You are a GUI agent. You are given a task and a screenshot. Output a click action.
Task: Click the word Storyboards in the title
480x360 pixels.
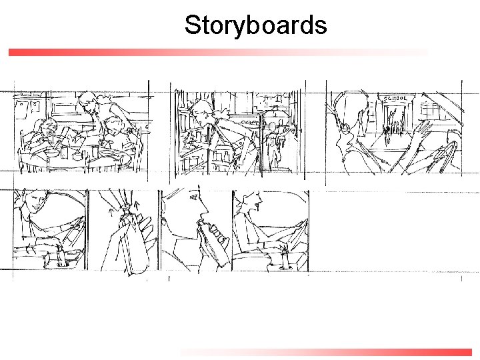(x=255, y=25)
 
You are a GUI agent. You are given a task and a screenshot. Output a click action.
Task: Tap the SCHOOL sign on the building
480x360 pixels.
(x=395, y=98)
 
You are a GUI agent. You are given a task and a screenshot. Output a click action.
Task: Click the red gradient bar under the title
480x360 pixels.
(x=218, y=53)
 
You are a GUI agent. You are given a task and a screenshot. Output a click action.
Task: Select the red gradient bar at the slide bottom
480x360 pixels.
(x=326, y=353)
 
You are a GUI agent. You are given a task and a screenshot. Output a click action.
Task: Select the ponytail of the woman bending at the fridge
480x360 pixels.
(x=220, y=114)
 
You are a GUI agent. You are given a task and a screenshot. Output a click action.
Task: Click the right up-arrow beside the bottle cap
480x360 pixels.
(x=137, y=205)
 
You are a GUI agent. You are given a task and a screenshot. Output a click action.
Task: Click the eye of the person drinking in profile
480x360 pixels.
(x=194, y=198)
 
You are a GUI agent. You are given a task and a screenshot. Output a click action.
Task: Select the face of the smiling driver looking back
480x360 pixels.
(x=37, y=202)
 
